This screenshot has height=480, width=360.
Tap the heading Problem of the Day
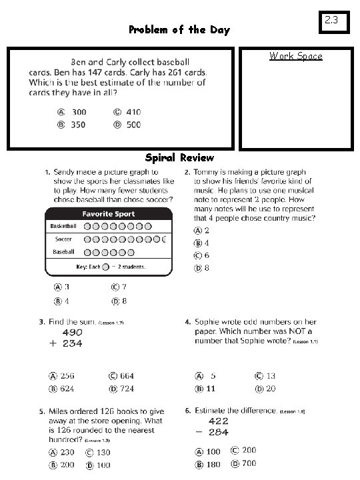point(179,29)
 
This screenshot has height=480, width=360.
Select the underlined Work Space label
point(295,56)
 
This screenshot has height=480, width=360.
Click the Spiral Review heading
point(179,158)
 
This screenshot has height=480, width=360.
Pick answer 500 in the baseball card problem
point(133,125)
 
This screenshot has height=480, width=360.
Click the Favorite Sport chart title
point(108,214)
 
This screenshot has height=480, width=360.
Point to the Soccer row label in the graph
point(64,239)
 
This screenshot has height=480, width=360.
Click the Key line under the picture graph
point(109,267)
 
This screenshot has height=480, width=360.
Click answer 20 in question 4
point(271,389)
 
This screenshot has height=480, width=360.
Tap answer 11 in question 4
point(210,389)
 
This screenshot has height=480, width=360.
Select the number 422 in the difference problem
point(218,421)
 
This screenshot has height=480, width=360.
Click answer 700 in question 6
point(248,463)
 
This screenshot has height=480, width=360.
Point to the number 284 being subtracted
point(218,432)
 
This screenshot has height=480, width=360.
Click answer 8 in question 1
point(124,301)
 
